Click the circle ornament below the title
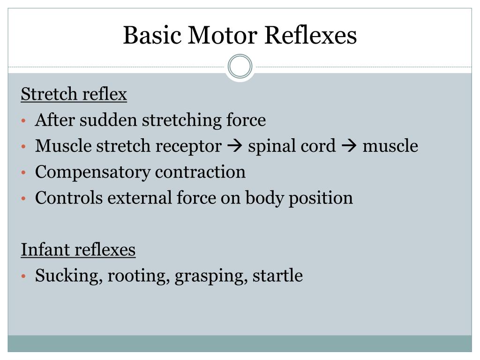point(240,67)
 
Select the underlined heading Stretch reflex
point(74,95)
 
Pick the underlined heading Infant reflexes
point(78,250)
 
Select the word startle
point(277,276)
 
